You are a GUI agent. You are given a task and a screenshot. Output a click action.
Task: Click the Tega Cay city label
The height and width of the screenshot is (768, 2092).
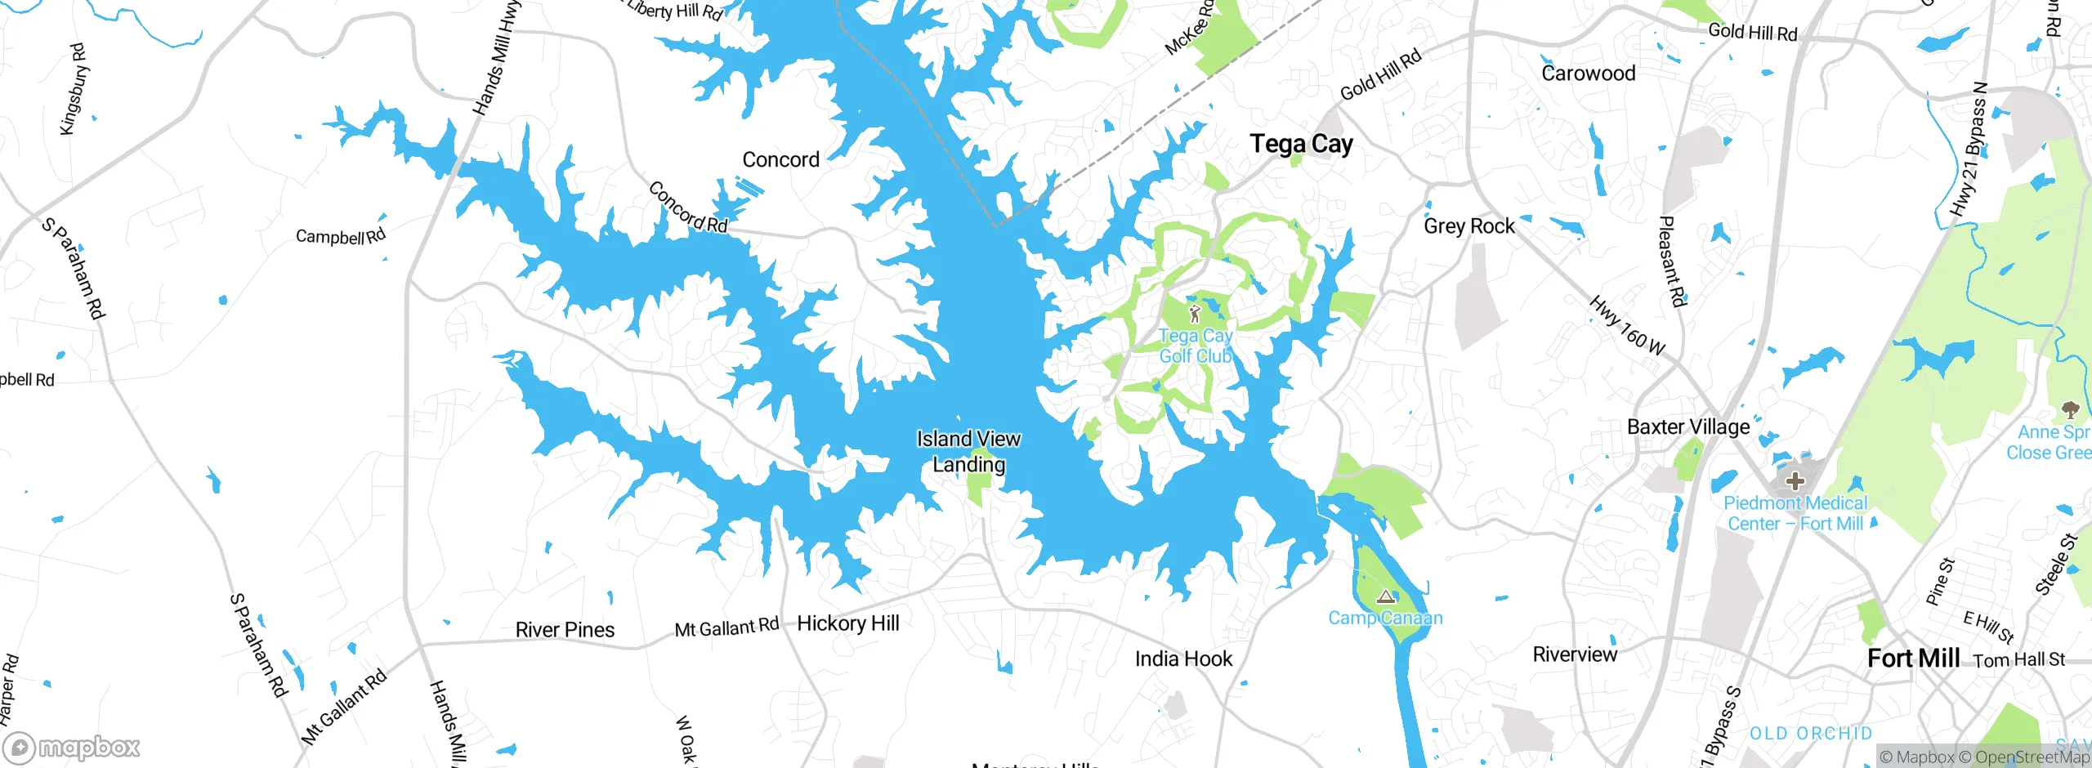pyautogui.click(x=1301, y=145)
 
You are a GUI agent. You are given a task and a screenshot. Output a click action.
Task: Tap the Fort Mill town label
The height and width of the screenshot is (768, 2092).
pyautogui.click(x=1913, y=658)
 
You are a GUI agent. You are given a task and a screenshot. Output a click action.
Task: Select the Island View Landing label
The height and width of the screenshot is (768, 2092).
pyautogui.click(x=968, y=451)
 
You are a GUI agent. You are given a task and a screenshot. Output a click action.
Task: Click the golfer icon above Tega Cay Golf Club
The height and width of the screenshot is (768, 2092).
pyautogui.click(x=1195, y=313)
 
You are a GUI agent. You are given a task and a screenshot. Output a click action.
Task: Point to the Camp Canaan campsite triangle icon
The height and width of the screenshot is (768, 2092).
pyautogui.click(x=1384, y=596)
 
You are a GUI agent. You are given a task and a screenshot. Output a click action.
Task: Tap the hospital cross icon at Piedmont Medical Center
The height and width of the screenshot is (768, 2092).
pyautogui.click(x=1795, y=480)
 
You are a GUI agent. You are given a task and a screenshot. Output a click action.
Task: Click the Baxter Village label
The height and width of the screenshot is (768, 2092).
pyautogui.click(x=1688, y=426)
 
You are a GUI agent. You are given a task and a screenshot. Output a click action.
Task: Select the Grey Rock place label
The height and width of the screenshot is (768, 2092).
pyautogui.click(x=1468, y=225)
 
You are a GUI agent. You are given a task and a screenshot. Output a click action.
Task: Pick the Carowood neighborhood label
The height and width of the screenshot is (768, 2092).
pyautogui.click(x=1588, y=74)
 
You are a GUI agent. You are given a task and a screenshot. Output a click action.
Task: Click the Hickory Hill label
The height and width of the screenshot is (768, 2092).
pyautogui.click(x=847, y=623)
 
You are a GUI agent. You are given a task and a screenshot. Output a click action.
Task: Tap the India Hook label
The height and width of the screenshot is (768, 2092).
pyautogui.click(x=1182, y=659)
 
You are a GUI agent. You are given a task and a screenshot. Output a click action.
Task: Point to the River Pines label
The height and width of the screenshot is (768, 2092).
pyautogui.click(x=565, y=630)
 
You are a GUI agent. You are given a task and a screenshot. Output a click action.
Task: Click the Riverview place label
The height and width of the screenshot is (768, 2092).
pyautogui.click(x=1574, y=654)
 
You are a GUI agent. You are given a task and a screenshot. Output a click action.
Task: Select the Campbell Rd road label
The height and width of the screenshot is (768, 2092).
pyautogui.click(x=340, y=237)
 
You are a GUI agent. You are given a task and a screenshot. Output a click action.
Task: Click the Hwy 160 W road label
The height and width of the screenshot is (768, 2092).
pyautogui.click(x=1626, y=325)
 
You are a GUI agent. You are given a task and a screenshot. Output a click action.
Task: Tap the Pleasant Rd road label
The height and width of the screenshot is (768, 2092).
pyautogui.click(x=1672, y=261)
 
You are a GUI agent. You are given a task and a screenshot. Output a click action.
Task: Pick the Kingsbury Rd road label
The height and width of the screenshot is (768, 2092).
pyautogui.click(x=74, y=89)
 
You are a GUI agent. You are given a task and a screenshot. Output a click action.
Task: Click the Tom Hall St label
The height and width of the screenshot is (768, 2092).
pyautogui.click(x=2018, y=659)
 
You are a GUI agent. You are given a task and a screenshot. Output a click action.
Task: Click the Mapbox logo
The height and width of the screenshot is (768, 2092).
pyautogui.click(x=72, y=748)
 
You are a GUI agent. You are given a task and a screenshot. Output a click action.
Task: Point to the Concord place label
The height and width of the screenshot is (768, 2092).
pyautogui.click(x=780, y=159)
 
